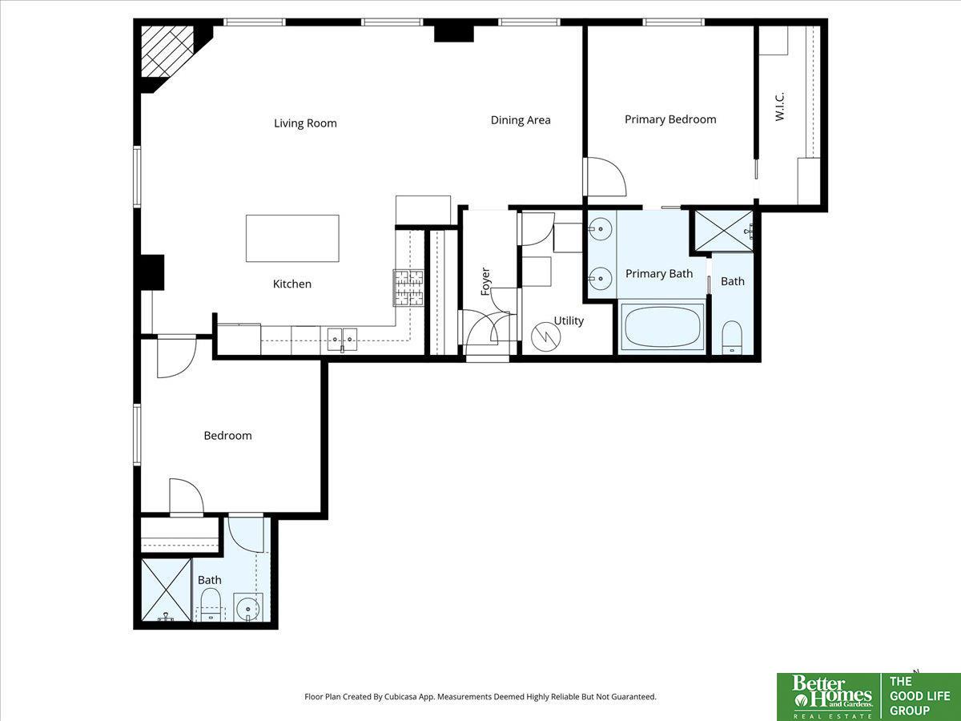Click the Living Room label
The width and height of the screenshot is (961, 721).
(x=305, y=123)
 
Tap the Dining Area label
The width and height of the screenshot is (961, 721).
(x=520, y=120)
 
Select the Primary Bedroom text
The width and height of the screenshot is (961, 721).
(x=670, y=119)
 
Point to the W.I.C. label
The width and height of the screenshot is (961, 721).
(x=780, y=107)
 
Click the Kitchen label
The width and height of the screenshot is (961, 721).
(x=292, y=284)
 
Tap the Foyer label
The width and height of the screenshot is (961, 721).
(x=485, y=281)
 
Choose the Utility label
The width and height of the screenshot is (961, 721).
(x=569, y=321)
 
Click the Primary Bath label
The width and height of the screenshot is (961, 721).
(x=659, y=274)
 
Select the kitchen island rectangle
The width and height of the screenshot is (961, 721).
(x=292, y=239)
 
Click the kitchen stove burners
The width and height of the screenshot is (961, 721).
(x=408, y=288)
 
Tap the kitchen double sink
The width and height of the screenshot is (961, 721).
(x=343, y=339)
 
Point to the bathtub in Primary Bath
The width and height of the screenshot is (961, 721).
(x=662, y=327)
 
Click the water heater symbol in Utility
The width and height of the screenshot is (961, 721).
(x=546, y=336)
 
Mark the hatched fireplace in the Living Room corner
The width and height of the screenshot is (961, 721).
(x=167, y=51)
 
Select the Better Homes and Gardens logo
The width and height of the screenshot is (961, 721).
(x=829, y=697)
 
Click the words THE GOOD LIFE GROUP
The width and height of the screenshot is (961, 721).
(x=919, y=696)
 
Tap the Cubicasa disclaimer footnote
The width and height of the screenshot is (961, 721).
(x=480, y=696)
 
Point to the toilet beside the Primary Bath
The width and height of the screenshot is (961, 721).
(x=732, y=337)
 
